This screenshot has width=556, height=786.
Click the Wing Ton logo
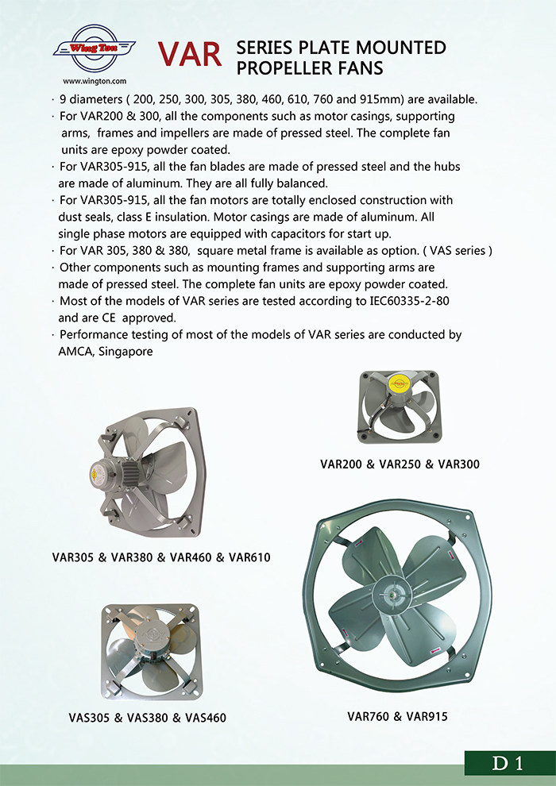[93, 48]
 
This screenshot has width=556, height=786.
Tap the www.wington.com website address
[94, 80]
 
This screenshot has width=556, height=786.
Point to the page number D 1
[508, 764]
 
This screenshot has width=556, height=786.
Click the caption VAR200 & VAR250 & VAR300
[400, 464]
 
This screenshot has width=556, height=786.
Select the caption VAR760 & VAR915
[398, 716]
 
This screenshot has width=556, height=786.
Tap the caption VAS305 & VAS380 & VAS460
[148, 718]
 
